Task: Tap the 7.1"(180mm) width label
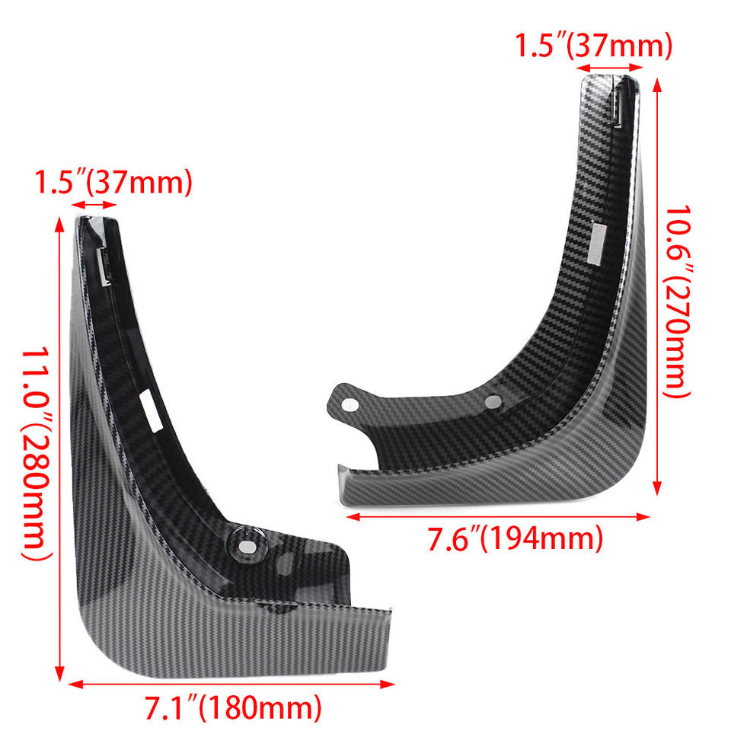tap(233, 707)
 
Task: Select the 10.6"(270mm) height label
tap(677, 302)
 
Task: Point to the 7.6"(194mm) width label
tap(516, 538)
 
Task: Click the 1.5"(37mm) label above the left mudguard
tap(113, 182)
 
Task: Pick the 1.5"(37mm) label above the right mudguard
tap(593, 46)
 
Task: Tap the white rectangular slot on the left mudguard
tap(151, 410)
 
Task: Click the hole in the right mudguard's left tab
tap(350, 404)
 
